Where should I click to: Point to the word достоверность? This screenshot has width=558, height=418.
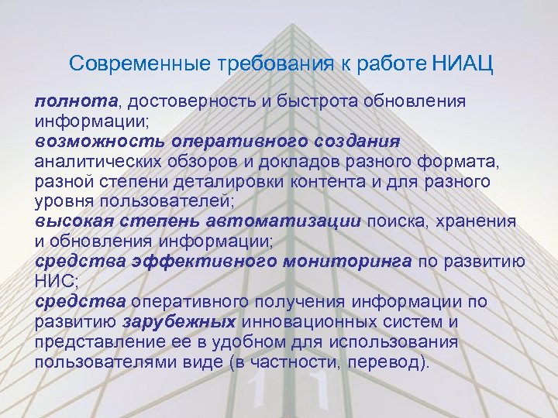[189, 102]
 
